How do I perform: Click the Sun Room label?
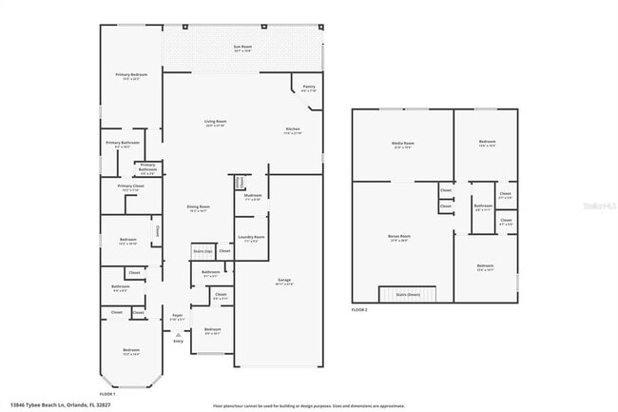[x=242, y=46]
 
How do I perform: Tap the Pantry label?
[x=309, y=87]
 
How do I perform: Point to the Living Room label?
[x=216, y=122]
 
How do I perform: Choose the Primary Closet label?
[x=130, y=186]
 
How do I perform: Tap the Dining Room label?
[x=199, y=207]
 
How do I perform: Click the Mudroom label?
[x=253, y=198]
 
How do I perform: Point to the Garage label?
[x=283, y=280]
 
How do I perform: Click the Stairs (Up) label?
[x=202, y=251]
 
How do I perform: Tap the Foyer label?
[x=177, y=315]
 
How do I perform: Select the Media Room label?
[x=403, y=144]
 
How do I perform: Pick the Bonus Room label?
[x=399, y=236]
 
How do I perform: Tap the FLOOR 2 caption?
[x=359, y=311]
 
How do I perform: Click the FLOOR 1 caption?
[x=107, y=394]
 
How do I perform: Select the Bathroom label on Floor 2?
[x=483, y=206]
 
